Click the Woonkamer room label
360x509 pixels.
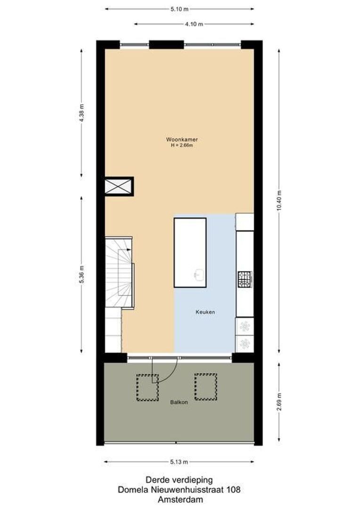click(181, 140)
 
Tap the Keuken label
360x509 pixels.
click(205, 312)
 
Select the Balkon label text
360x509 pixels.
click(179, 402)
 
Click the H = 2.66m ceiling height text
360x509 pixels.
click(182, 146)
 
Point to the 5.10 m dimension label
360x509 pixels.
click(180, 9)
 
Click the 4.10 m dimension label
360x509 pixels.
click(194, 24)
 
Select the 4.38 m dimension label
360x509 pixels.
click(82, 113)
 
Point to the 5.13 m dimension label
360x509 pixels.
click(179, 462)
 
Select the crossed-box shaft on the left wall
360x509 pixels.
click(119, 186)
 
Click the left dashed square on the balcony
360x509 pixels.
click(147, 387)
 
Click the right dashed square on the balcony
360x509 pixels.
click(205, 387)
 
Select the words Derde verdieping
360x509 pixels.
click(179, 480)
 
